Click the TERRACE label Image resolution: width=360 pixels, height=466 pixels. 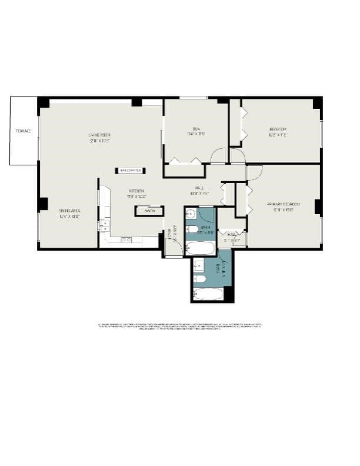[x=23, y=131]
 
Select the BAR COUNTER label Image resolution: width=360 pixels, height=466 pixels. [x=130, y=171]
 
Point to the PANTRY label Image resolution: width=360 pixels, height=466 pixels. [x=149, y=210]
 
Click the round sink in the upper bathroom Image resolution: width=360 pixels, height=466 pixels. [x=191, y=214]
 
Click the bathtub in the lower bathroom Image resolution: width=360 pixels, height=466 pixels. [x=209, y=293]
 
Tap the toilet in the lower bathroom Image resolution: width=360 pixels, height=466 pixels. [x=199, y=277]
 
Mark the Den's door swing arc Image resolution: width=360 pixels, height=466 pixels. [x=218, y=155]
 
